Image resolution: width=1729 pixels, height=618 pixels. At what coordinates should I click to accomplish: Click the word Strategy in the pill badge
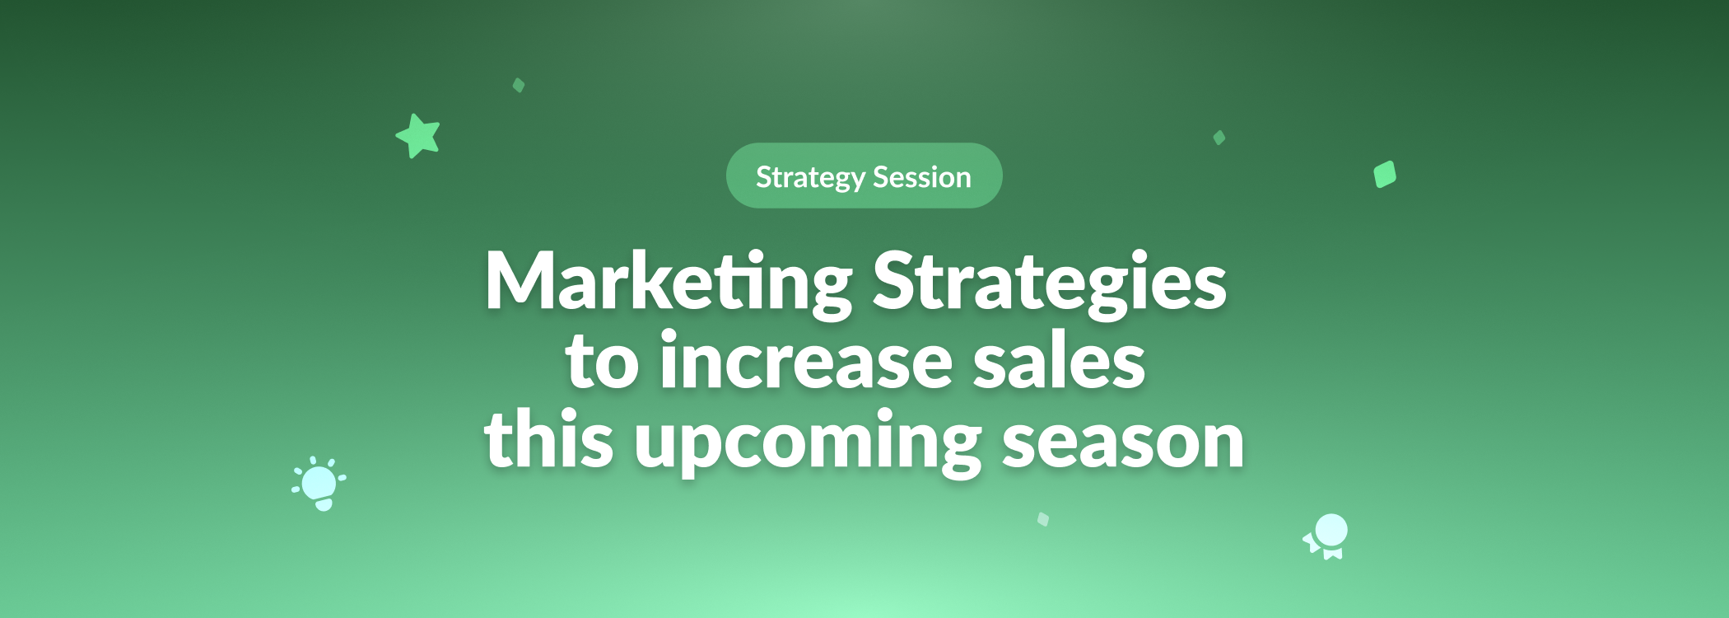pyautogui.click(x=810, y=178)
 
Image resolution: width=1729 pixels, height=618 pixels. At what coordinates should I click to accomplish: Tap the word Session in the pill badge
pyautogui.click(x=922, y=176)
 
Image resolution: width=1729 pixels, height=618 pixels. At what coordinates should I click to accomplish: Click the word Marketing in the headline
pyautogui.click(x=669, y=283)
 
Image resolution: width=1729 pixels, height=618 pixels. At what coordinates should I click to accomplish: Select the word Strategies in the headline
pyautogui.click(x=1050, y=283)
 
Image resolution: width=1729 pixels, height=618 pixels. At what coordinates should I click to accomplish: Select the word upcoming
pyautogui.click(x=808, y=442)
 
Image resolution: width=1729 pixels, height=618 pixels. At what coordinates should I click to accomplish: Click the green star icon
pyautogui.click(x=418, y=136)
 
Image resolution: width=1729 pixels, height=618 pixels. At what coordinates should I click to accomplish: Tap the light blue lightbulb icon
pyautogui.click(x=319, y=484)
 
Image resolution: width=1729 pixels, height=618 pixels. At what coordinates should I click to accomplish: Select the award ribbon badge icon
pyautogui.click(x=1327, y=536)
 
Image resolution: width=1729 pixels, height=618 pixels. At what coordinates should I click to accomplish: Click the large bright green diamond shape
pyautogui.click(x=1385, y=174)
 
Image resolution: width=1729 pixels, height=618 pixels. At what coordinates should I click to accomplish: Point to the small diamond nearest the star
pyautogui.click(x=519, y=85)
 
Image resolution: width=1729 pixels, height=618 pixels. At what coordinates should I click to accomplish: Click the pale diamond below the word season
pyautogui.click(x=1043, y=519)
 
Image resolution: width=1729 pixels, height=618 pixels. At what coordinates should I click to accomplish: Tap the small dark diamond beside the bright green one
pyautogui.click(x=1219, y=138)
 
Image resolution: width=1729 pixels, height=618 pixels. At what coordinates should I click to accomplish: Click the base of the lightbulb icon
pyautogui.click(x=324, y=504)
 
